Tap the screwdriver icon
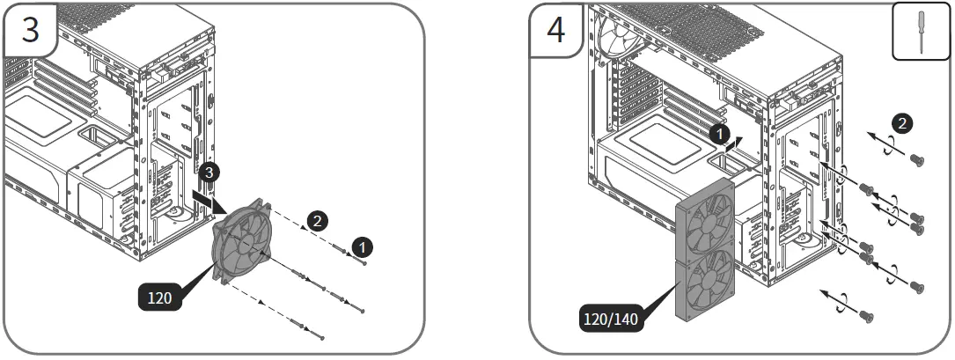(x=920, y=33)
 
